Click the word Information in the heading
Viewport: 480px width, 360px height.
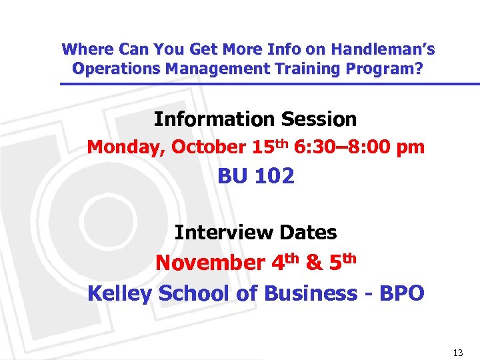point(215,119)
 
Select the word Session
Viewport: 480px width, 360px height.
point(319,119)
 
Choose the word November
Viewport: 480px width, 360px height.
point(210,263)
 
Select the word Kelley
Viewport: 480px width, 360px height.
point(119,293)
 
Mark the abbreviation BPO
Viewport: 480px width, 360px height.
point(399,293)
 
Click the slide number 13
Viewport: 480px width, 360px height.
point(457,353)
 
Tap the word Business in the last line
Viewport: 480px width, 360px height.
point(311,293)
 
